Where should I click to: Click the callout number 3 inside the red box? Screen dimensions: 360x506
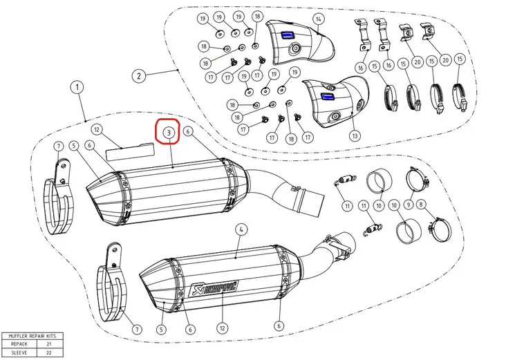168,131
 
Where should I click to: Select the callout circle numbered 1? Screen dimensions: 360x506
77,88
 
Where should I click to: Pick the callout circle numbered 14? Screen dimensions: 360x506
319,18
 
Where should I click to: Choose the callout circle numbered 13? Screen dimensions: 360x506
355,135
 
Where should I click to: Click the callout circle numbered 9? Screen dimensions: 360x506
409,205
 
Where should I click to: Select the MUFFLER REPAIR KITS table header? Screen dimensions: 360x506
32,336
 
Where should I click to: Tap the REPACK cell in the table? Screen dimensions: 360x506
19,343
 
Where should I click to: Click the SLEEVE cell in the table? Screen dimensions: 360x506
19,352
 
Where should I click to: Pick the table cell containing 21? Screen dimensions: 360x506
48,343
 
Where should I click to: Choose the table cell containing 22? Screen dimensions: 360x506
48,352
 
